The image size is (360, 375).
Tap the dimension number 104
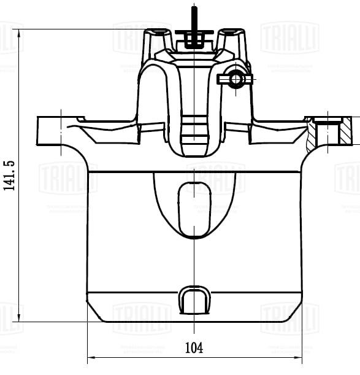(x=194, y=347)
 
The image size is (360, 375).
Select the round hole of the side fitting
(x=235, y=80)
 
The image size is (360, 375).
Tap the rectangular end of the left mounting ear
(x=47, y=131)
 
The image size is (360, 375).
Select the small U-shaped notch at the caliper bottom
(x=194, y=301)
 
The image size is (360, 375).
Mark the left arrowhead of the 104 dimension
(x=92, y=357)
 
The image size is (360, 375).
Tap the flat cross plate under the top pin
(x=194, y=32)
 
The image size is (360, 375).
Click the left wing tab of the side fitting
(x=223, y=79)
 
